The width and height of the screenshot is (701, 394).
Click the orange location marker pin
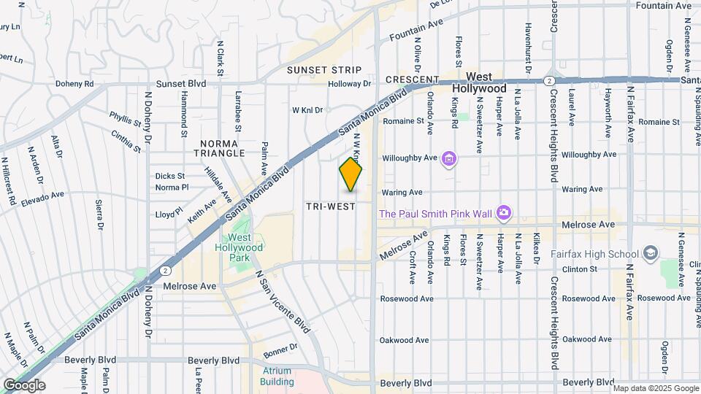coord(351,174)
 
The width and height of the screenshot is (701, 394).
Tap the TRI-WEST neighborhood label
coord(331,206)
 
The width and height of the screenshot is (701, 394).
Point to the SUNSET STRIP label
coord(324,70)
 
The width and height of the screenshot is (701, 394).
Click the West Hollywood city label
coord(486,82)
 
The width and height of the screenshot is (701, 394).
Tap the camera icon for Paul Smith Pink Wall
coord(502,213)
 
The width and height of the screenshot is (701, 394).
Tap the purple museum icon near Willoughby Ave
coord(449,158)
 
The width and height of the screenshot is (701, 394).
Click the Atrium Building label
coord(277,376)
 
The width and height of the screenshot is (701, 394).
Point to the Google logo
coord(24,385)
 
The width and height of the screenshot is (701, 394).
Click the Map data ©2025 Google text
coord(657,387)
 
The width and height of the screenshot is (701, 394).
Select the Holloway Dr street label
coord(350,84)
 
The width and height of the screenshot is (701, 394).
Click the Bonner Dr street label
coord(282,347)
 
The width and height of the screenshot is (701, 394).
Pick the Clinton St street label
coord(579,269)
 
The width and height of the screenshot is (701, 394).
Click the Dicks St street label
coord(170,176)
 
